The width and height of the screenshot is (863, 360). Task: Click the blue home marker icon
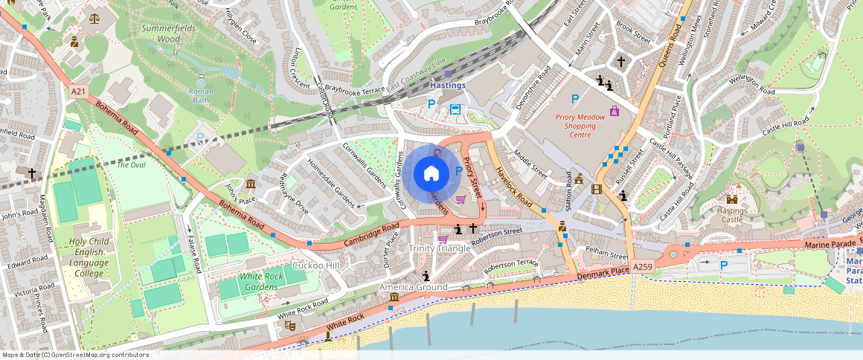[431, 174]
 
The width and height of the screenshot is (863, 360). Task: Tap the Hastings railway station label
[448, 85]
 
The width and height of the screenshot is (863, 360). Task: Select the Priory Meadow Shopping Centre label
[576, 126]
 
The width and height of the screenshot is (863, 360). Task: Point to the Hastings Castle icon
[732, 199]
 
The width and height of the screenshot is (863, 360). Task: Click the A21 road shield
[78, 91]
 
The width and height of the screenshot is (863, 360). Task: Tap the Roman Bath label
[201, 95]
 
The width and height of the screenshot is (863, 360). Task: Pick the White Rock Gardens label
[261, 281]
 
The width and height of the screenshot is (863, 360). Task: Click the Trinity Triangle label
[440, 248]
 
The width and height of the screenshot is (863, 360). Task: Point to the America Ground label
[414, 287]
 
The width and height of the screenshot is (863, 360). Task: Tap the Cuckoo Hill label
[315, 266]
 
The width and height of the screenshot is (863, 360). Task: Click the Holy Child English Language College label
[89, 257]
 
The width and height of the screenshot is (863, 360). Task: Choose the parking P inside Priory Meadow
[574, 99]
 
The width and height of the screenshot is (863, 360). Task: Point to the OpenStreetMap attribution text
[74, 355]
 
